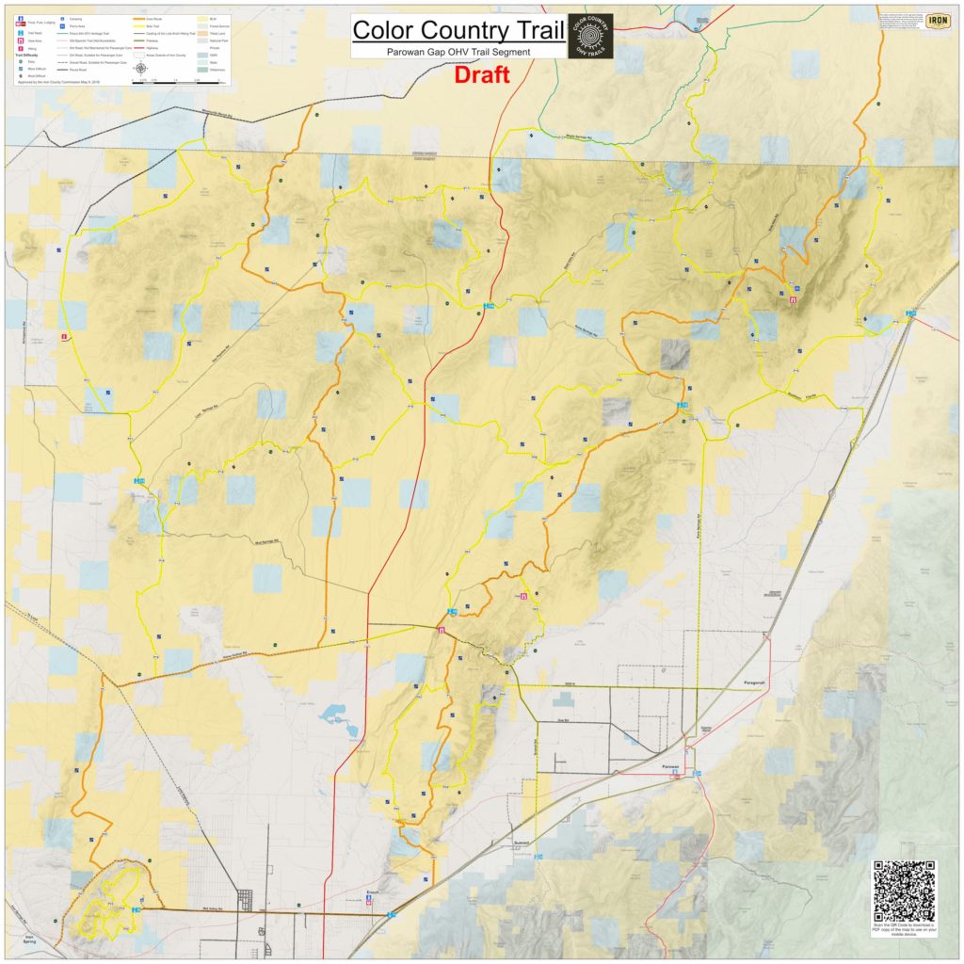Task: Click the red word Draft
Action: tap(482, 75)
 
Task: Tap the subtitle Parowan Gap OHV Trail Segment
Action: tap(459, 51)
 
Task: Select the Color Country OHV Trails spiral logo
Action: tap(590, 36)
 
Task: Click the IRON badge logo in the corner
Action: tap(938, 21)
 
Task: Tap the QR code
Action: tap(904, 891)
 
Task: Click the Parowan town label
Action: tap(669, 767)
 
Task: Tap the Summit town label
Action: tap(522, 843)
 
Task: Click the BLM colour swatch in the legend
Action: tap(201, 18)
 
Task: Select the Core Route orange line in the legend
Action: tap(139, 18)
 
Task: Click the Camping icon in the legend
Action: tap(62, 18)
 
